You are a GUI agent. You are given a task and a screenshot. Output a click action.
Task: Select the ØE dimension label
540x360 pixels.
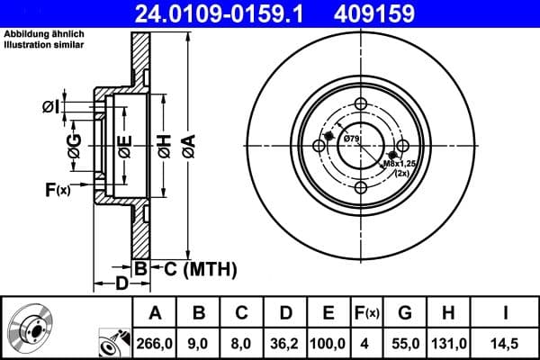tap(125, 145)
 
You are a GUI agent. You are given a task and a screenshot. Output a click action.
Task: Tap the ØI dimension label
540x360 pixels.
tap(51, 107)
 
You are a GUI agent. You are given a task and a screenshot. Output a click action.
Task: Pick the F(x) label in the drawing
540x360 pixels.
tap(58, 189)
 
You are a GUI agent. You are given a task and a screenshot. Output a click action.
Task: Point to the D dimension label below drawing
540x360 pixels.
tap(121, 285)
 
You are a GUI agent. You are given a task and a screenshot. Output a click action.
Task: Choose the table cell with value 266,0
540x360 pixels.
tap(154, 341)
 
